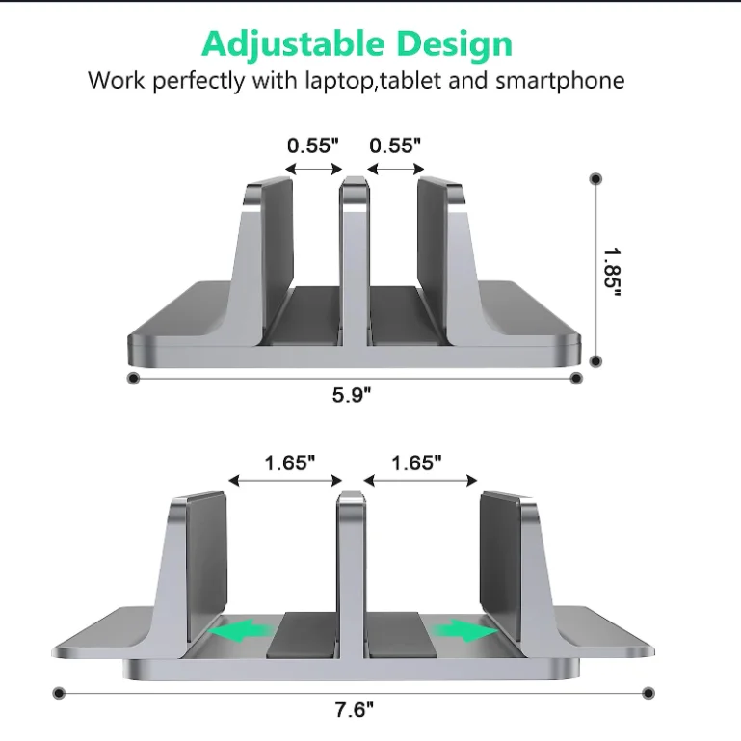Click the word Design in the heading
click(x=454, y=43)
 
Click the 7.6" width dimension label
click(x=354, y=711)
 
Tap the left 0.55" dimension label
click(x=313, y=146)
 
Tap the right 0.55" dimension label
click(x=396, y=146)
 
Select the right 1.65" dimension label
click(x=416, y=463)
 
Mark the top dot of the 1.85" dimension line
click(x=595, y=179)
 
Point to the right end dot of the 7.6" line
click(x=648, y=692)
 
